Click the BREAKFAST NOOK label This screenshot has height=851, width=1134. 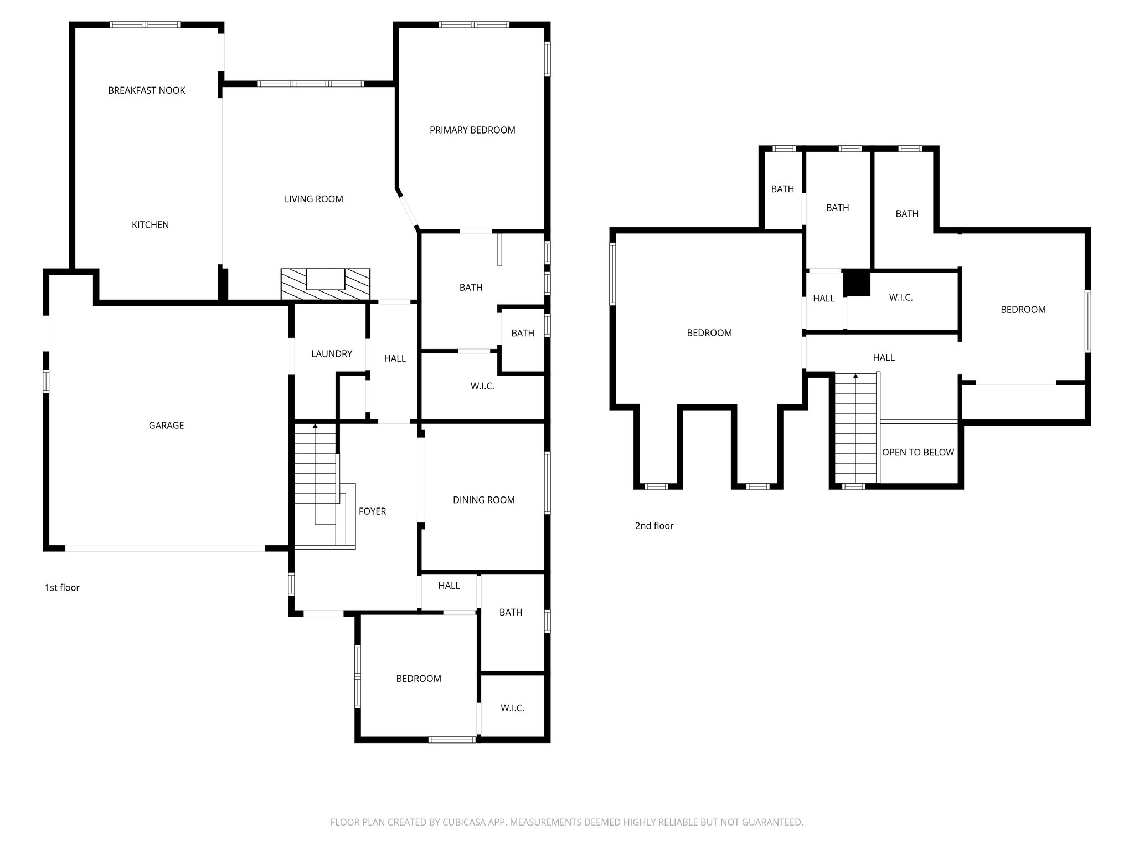(x=147, y=90)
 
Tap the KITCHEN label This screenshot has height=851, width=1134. (x=150, y=224)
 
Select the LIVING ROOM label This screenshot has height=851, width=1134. (x=313, y=199)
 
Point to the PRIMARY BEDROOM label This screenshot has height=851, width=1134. (x=472, y=130)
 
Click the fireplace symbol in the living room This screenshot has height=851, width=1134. (x=325, y=284)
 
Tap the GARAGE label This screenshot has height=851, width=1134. (x=166, y=425)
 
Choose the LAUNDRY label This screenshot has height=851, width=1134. (x=332, y=354)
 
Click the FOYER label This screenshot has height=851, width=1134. (x=372, y=511)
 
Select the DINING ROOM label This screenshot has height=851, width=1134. (x=483, y=500)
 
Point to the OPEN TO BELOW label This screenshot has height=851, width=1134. (x=917, y=452)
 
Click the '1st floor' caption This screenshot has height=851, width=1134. (x=62, y=588)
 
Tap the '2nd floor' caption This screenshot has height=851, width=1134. (x=654, y=526)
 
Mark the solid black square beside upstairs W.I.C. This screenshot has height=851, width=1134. (x=856, y=283)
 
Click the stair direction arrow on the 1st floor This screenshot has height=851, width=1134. (x=315, y=426)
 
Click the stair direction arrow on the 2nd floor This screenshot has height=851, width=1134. (x=855, y=376)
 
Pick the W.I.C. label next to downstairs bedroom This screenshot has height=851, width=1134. (x=512, y=708)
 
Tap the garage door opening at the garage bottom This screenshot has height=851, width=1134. (x=165, y=548)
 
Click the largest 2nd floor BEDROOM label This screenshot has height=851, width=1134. (x=709, y=333)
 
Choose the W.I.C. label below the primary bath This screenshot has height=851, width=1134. (x=482, y=386)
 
